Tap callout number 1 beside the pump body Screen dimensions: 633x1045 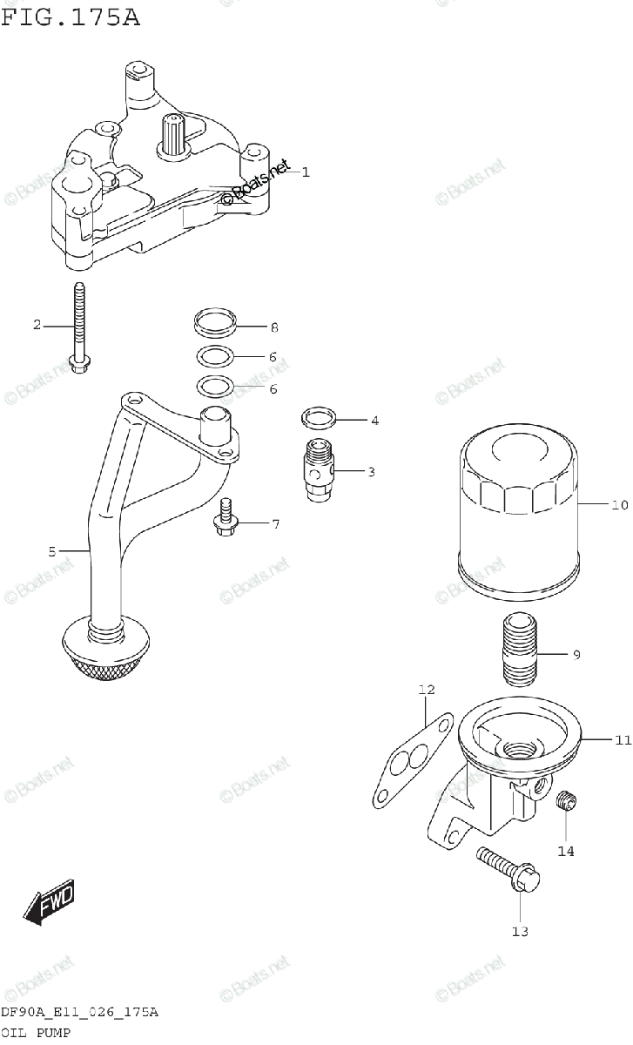pos(306,172)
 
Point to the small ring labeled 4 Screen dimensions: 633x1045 pos(319,417)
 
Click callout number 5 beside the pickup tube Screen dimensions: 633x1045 pos(52,551)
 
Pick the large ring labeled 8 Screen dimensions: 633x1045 pos(214,323)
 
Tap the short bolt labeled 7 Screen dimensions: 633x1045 pos(225,517)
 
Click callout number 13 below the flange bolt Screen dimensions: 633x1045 pos(519,931)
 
